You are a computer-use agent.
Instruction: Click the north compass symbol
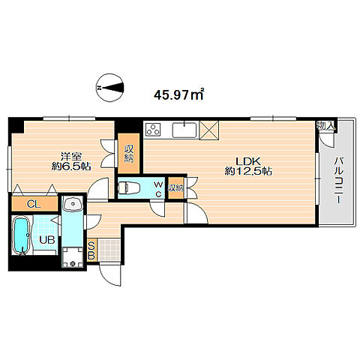point(109,88)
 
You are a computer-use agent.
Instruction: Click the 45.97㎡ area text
point(179,94)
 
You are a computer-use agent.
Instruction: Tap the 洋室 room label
point(71,157)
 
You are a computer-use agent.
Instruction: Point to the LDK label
point(248,161)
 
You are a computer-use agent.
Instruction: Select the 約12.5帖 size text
point(248,172)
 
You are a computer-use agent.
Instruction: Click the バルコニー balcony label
point(338,180)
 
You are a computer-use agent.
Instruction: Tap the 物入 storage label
point(325,126)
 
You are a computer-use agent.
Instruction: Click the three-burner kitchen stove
point(153,130)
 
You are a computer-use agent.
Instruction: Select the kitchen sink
point(184,130)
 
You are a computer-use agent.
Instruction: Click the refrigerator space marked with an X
point(208,130)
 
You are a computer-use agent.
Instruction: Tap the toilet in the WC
point(127,187)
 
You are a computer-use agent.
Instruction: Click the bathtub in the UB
point(22,235)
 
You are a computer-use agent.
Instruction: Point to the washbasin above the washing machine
point(73,204)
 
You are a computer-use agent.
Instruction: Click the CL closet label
point(34,205)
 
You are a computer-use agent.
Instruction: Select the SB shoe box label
point(91,250)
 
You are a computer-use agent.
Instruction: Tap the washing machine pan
point(73,257)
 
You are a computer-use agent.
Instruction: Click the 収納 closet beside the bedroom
point(129,154)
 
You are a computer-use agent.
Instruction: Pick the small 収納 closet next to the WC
point(175,187)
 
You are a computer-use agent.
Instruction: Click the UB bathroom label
point(47,240)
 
